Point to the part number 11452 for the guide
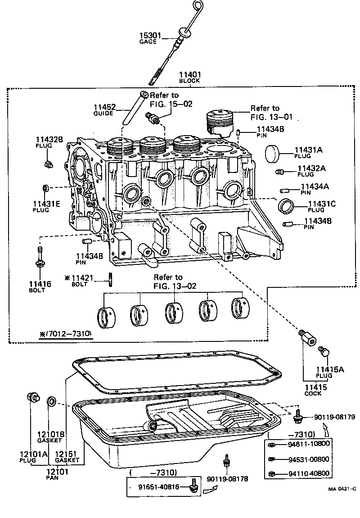(x=105, y=107)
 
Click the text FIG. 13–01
(x=271, y=117)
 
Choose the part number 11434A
(x=315, y=186)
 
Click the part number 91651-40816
(x=158, y=486)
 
